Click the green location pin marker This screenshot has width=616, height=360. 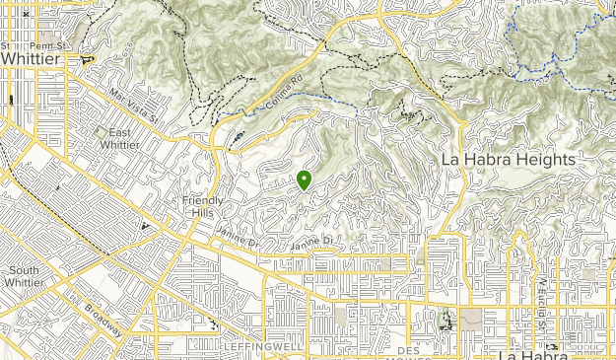click(x=305, y=180)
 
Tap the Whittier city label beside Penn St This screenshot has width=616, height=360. click(x=31, y=59)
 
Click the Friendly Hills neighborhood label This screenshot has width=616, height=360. click(x=205, y=207)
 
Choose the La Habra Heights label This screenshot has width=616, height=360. click(x=508, y=159)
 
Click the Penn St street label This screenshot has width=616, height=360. click(x=46, y=45)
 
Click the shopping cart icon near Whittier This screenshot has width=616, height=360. click(x=89, y=59)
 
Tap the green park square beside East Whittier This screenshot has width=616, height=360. click(x=101, y=132)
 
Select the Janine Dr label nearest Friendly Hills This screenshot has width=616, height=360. click(x=238, y=238)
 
